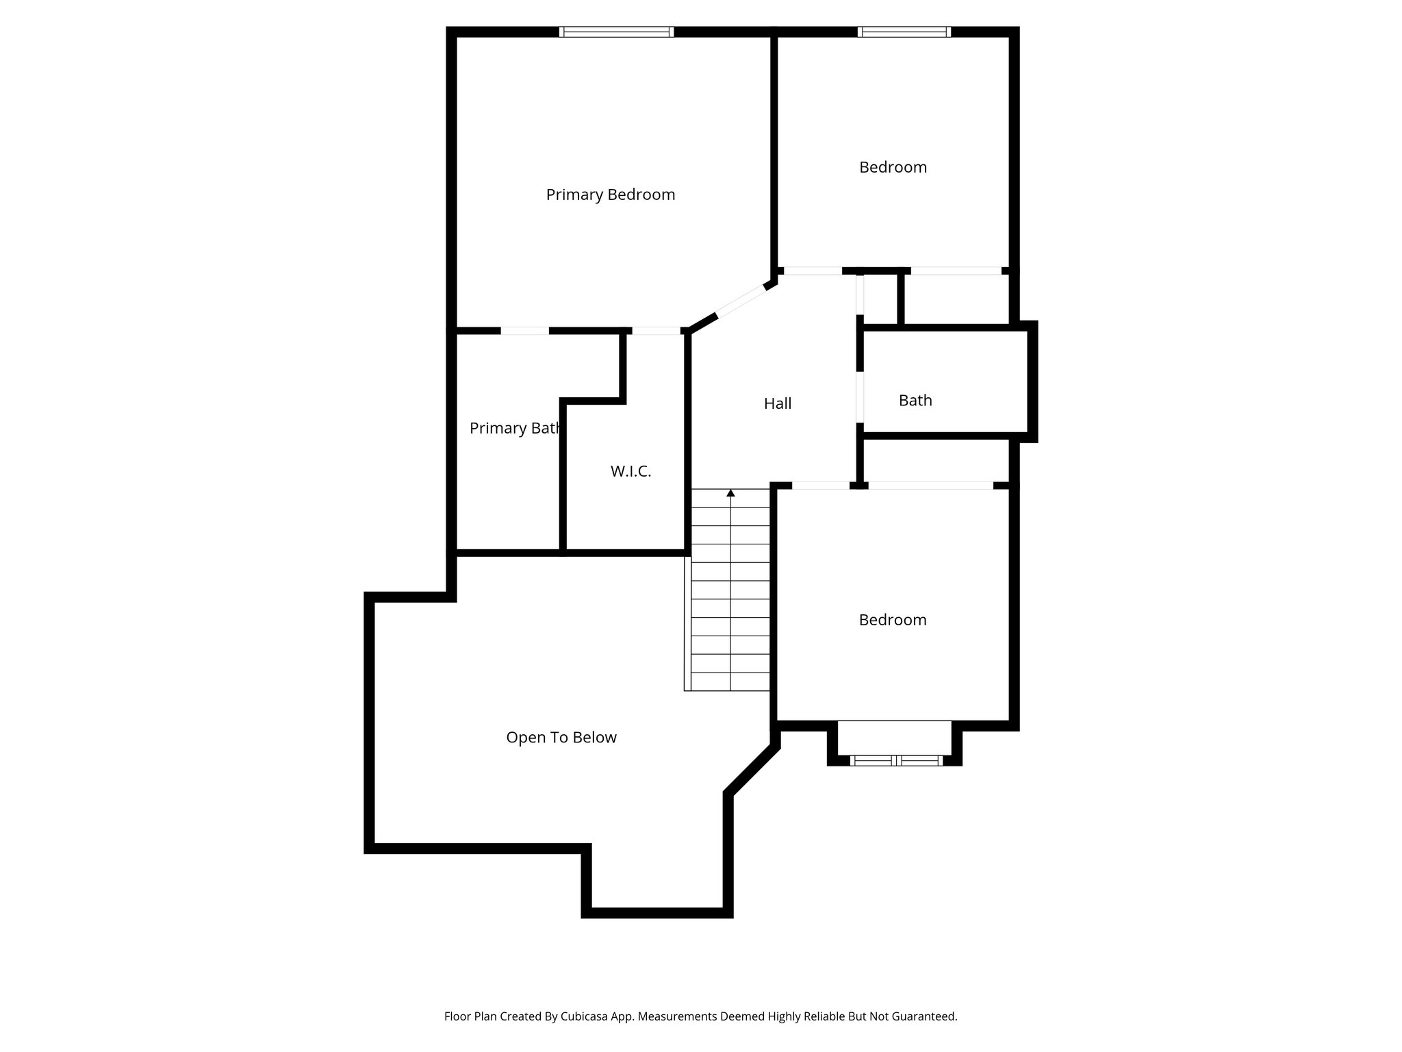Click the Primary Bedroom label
pyautogui.click(x=610, y=195)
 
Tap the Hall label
pyautogui.click(x=777, y=404)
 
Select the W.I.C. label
pyautogui.click(x=630, y=471)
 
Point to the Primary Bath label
pyautogui.click(x=515, y=429)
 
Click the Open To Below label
pyautogui.click(x=561, y=738)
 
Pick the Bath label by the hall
pyautogui.click(x=915, y=401)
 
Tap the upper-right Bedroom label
pyautogui.click(x=893, y=167)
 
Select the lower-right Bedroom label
pyautogui.click(x=892, y=620)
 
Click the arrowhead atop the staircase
pyautogui.click(x=730, y=493)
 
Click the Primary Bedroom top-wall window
pyautogui.click(x=616, y=32)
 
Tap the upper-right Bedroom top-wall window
pyautogui.click(x=904, y=32)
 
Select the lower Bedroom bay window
pyautogui.click(x=896, y=760)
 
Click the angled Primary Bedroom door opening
pyautogui.click(x=741, y=301)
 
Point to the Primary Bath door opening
pyautogui.click(x=524, y=331)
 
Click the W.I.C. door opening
pyautogui.click(x=655, y=331)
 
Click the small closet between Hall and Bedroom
pyautogui.click(x=881, y=299)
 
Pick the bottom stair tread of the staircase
pyautogui.click(x=730, y=682)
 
